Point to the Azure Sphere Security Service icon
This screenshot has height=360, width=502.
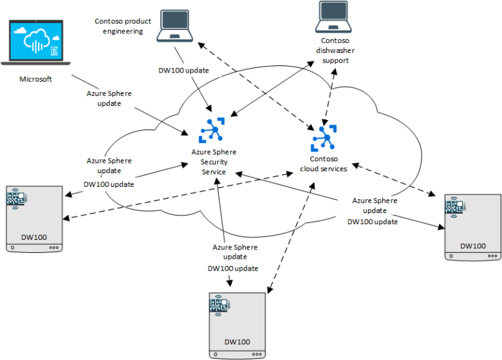point(211,131)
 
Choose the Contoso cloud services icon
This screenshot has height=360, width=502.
point(324,137)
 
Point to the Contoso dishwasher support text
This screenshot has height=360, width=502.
point(336,50)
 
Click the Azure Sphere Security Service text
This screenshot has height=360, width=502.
point(213,161)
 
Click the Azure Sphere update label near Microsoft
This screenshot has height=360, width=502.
point(109,98)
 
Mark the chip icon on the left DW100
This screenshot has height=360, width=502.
point(16,198)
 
